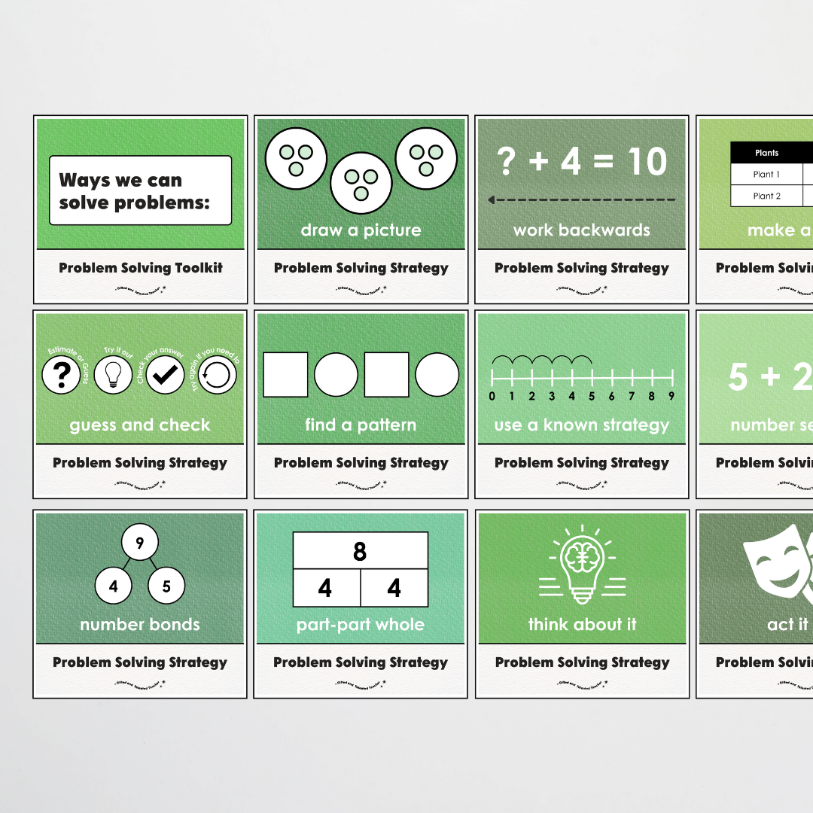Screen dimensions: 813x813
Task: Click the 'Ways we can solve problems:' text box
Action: click(x=140, y=190)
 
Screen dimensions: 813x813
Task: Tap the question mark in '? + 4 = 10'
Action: click(x=507, y=162)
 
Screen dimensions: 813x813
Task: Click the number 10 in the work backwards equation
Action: click(x=645, y=162)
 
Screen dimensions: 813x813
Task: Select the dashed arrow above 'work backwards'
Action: click(x=581, y=200)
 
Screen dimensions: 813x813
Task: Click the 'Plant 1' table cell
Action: click(x=766, y=175)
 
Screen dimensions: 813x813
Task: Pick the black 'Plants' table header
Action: click(x=766, y=153)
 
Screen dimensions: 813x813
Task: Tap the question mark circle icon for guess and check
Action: click(x=61, y=375)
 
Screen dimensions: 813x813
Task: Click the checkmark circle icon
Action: click(x=165, y=375)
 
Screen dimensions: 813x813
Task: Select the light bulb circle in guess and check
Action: click(x=113, y=375)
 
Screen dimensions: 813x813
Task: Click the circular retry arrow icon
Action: click(x=217, y=375)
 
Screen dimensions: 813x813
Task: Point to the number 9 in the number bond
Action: click(x=140, y=542)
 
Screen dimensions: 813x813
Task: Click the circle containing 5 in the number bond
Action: click(x=166, y=586)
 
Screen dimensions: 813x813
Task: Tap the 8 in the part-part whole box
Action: click(x=360, y=552)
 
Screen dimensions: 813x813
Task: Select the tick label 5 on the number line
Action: click(x=592, y=396)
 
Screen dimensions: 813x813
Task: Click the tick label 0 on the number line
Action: click(x=492, y=396)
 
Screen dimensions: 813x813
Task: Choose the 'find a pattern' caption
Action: click(x=360, y=425)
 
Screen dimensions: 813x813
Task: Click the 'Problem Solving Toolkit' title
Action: click(x=141, y=268)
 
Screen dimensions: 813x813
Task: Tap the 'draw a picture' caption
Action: click(x=361, y=230)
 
